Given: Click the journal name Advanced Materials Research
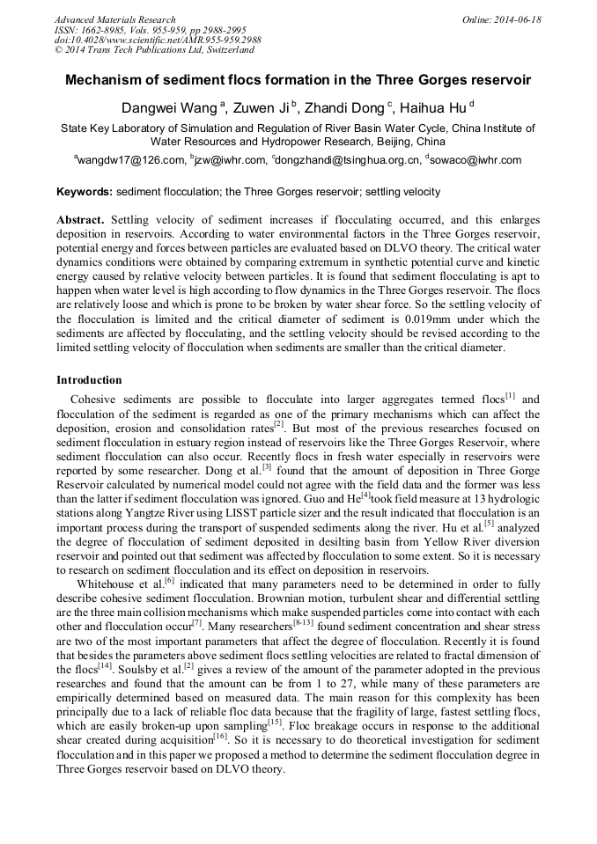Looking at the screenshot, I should pyautogui.click(x=114, y=19).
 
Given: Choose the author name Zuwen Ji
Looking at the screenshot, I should pyautogui.click(x=264, y=107).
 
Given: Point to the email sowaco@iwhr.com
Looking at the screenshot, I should pyautogui.click(x=475, y=160).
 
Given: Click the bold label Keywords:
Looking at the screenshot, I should pyautogui.click(x=85, y=191).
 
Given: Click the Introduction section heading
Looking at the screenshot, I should pyautogui.click(x=89, y=380).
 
